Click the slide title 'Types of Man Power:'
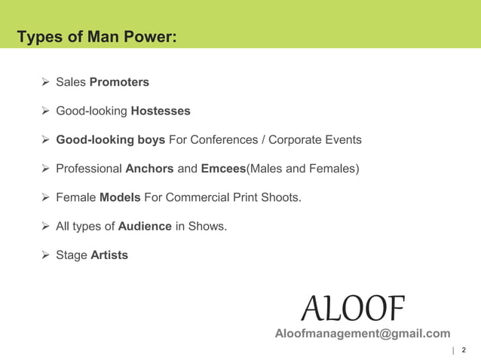pos(97,36)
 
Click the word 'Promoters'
pos(119,82)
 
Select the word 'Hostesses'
pos(161,111)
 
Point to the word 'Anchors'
pos(149,169)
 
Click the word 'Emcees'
pos(224,169)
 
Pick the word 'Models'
pos(120,198)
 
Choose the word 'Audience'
pos(145,227)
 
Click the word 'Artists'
pos(109,255)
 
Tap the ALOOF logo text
pos(353,307)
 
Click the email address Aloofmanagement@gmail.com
pos(363,334)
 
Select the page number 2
pos(463,350)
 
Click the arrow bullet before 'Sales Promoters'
pos(44,82)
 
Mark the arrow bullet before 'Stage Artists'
pos(44,255)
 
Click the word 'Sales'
pos(71,82)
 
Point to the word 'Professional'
pos(89,169)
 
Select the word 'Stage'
pos(72,255)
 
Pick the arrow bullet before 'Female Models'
pos(44,198)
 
